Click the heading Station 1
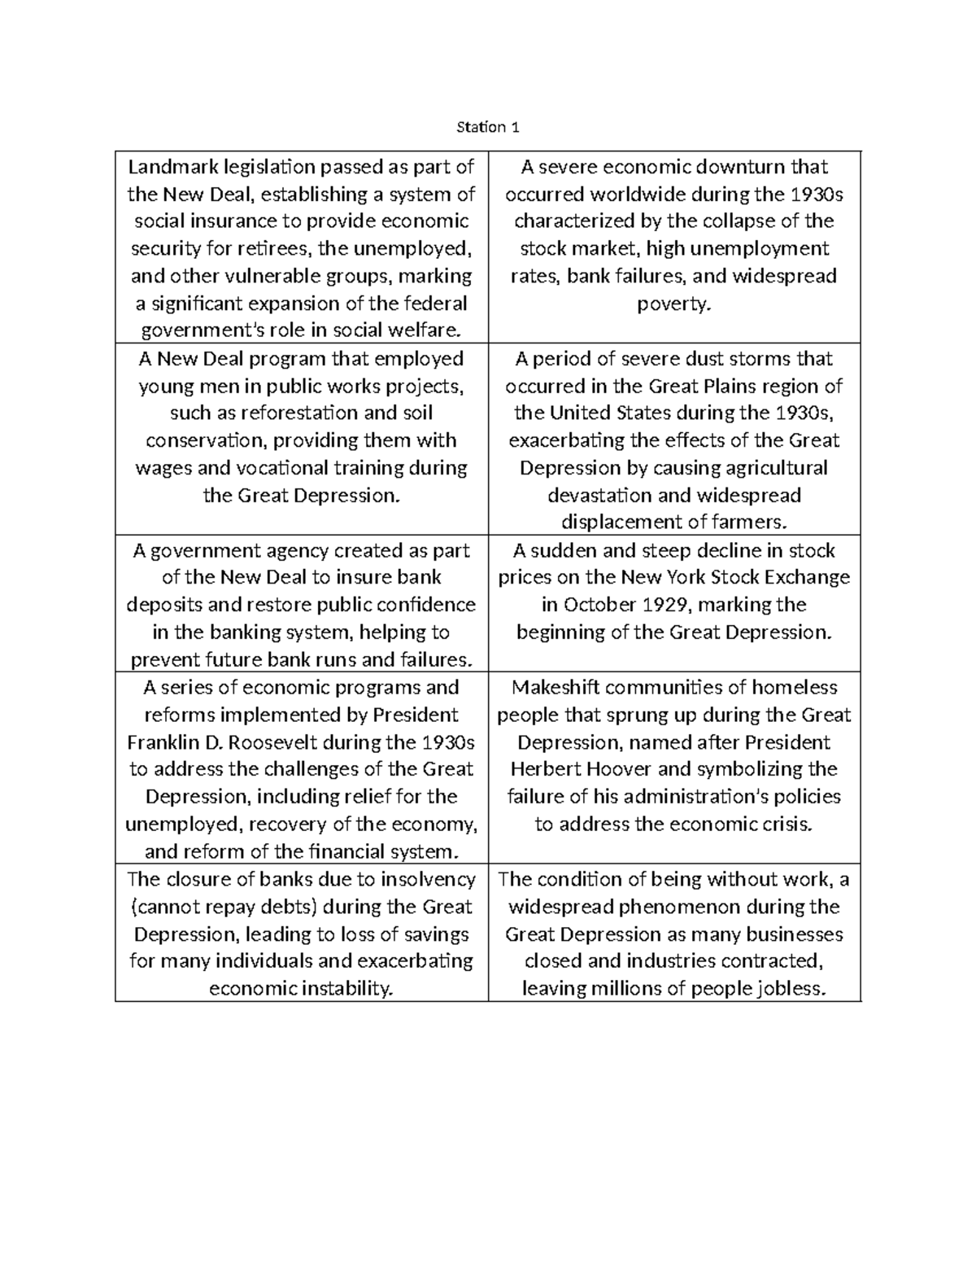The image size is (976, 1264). coord(487,127)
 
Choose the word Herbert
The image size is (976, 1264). coord(544,769)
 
